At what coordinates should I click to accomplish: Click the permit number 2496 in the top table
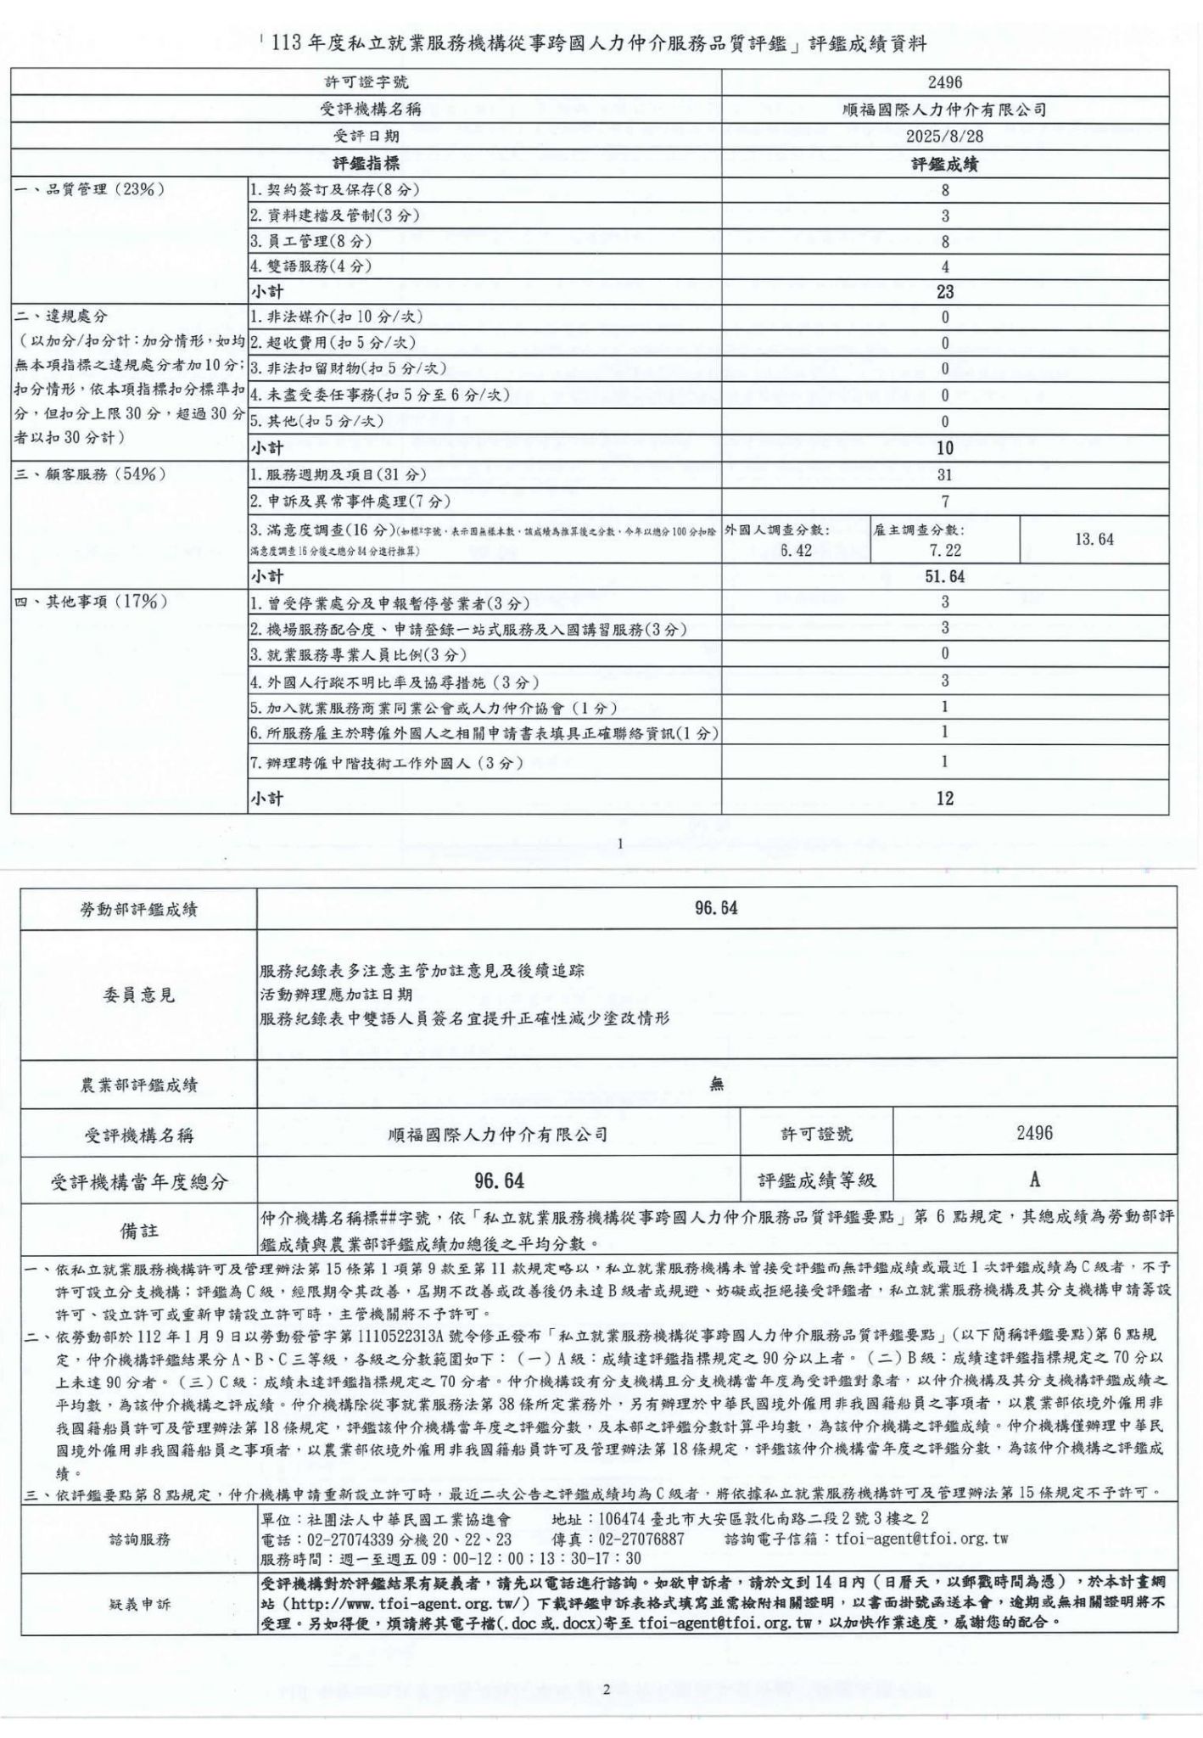point(944,82)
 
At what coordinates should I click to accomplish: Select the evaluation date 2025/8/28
point(944,136)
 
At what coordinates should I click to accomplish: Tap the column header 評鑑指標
point(366,163)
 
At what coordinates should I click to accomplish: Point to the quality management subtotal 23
point(944,292)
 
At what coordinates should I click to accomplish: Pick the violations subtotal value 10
point(944,448)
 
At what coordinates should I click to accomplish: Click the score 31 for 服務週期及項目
point(944,474)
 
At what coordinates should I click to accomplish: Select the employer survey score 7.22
point(945,550)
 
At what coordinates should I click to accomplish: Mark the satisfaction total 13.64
point(1094,539)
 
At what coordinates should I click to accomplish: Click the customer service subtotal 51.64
point(944,577)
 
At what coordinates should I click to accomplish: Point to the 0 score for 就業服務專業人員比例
point(944,654)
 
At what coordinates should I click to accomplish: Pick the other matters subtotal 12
point(944,798)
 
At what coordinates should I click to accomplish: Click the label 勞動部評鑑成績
point(138,910)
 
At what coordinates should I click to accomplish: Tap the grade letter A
point(1034,1180)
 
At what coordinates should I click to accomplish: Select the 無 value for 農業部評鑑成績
point(717,1084)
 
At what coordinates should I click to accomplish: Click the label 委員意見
point(138,995)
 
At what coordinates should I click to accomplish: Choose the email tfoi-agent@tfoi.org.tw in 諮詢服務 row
point(921,1538)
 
